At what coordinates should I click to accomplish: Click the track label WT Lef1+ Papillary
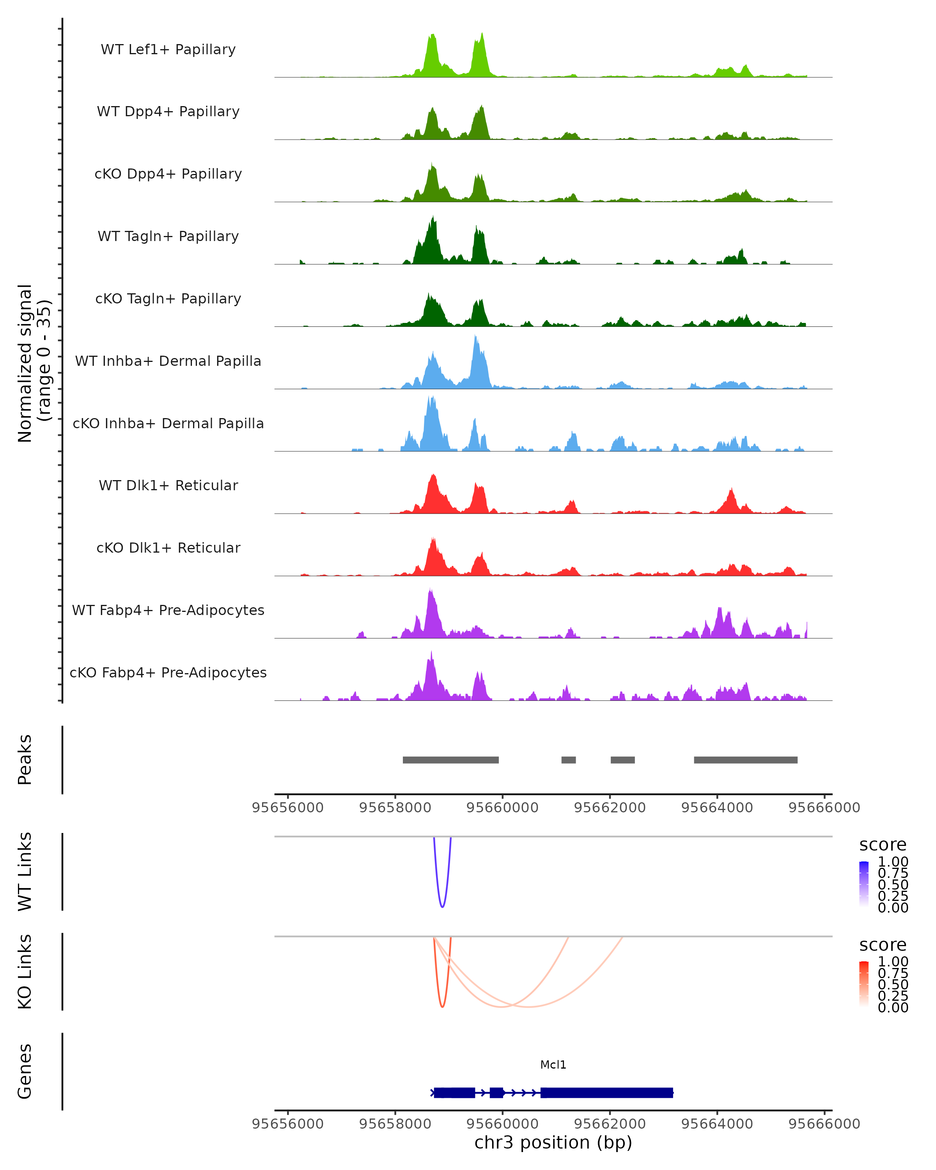[168, 50]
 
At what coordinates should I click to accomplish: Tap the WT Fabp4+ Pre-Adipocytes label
[168, 610]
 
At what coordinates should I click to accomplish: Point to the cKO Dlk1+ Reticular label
[168, 548]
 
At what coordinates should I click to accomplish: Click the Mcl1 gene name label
[553, 1065]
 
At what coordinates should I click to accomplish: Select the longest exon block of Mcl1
[606, 1092]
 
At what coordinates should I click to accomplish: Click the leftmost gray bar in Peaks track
[450, 760]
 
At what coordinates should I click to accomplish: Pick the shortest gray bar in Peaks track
[568, 760]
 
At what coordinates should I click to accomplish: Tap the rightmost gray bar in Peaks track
[746, 760]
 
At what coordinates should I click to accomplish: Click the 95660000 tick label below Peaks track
[502, 808]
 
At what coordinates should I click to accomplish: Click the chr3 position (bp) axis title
[553, 1143]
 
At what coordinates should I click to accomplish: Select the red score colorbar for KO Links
[864, 984]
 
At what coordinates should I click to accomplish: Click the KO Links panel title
[25, 971]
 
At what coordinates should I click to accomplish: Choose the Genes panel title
[25, 1071]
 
